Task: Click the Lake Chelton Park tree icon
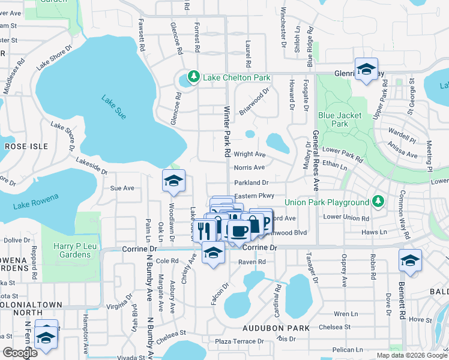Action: click(x=193, y=77)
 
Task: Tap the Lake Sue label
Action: click(x=113, y=107)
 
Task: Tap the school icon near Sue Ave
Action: click(x=173, y=181)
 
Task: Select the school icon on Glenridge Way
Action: click(x=366, y=69)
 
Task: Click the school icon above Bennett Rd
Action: click(x=410, y=260)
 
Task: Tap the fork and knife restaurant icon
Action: click(x=205, y=230)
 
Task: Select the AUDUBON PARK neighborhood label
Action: click(x=276, y=328)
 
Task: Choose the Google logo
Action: click(x=20, y=353)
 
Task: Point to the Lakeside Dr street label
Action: click(x=91, y=166)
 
